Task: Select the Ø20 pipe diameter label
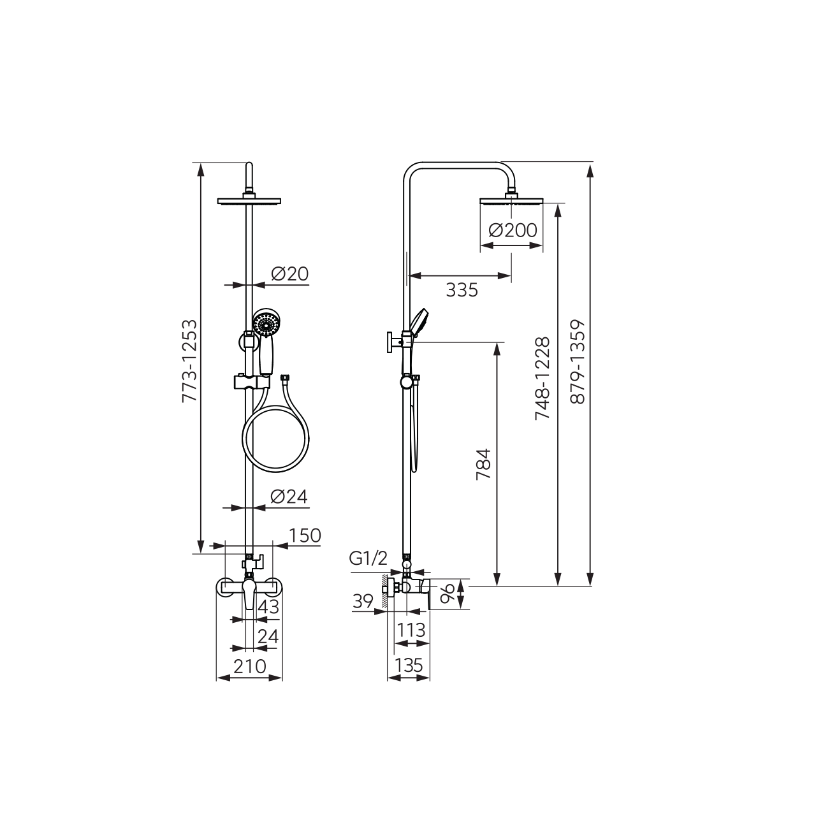(289, 274)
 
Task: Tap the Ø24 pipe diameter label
(289, 496)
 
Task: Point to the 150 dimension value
(305, 535)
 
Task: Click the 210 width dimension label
(250, 666)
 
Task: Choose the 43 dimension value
(268, 607)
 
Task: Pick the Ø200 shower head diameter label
(513, 230)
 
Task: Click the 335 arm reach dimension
(462, 291)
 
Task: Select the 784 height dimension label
(484, 463)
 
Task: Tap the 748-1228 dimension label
(543, 378)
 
